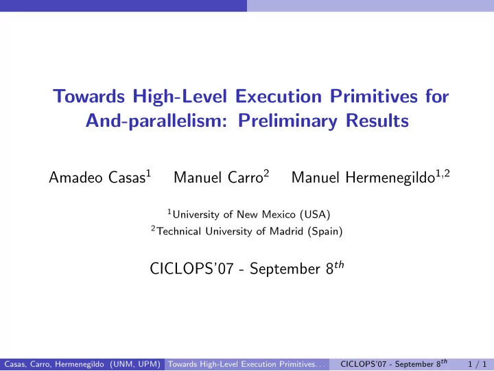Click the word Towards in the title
point(89,96)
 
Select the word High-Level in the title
point(180,97)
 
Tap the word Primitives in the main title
point(374,96)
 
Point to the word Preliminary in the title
point(287,121)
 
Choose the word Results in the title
point(377,121)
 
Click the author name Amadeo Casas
point(97,178)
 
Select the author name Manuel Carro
point(218,178)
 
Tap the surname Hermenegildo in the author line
point(390,178)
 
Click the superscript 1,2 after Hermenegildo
point(443,173)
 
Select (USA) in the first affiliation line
point(315,215)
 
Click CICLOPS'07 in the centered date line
point(192,269)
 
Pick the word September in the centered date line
point(285,270)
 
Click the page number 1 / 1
point(477,364)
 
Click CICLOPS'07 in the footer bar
point(363,364)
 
